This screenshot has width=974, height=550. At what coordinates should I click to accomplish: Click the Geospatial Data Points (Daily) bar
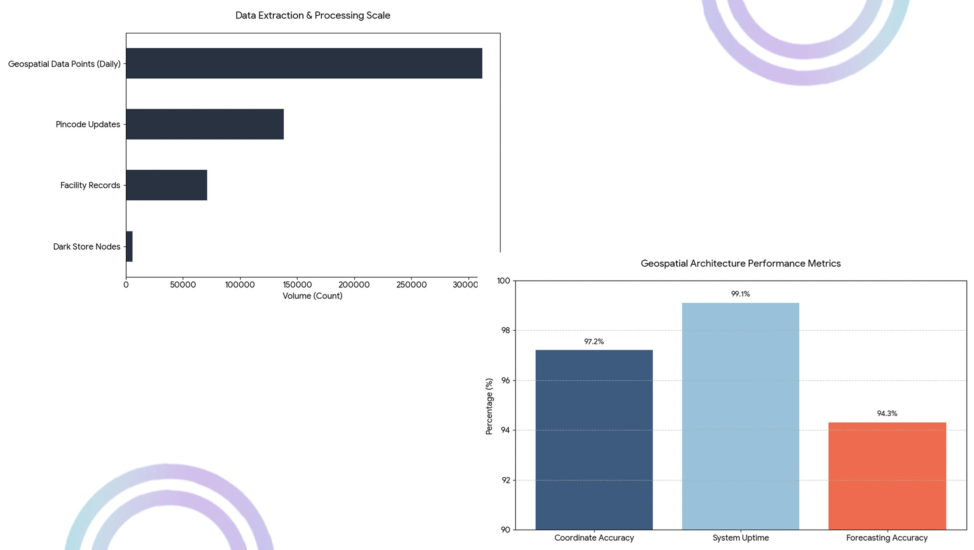pyautogui.click(x=304, y=63)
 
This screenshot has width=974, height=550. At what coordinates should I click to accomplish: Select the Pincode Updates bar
pyautogui.click(x=205, y=124)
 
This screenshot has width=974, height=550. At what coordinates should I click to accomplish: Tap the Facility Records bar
pyautogui.click(x=167, y=185)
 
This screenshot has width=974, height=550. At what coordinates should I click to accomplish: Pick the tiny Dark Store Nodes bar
pyautogui.click(x=129, y=246)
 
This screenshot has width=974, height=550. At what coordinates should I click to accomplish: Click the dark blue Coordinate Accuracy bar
pyautogui.click(x=594, y=440)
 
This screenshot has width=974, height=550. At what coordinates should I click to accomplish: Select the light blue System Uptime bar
pyautogui.click(x=741, y=416)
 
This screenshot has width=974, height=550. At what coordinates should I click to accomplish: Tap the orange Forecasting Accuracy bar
pyautogui.click(x=887, y=476)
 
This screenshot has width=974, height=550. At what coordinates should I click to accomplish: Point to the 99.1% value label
pyautogui.click(x=741, y=294)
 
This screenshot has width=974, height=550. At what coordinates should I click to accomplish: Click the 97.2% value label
pyautogui.click(x=594, y=342)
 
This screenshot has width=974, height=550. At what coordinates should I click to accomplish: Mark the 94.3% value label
pyautogui.click(x=887, y=413)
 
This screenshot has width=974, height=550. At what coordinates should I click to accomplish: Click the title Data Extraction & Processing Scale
pyautogui.click(x=313, y=15)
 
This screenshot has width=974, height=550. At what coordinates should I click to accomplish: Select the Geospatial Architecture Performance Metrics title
pyautogui.click(x=741, y=263)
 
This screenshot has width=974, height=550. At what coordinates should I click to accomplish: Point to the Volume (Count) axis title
pyautogui.click(x=313, y=296)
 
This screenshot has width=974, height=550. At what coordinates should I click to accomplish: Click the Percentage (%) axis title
pyautogui.click(x=489, y=406)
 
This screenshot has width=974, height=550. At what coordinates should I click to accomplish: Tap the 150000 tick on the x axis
pyautogui.click(x=297, y=285)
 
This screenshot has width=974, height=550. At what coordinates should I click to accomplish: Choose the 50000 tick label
pyautogui.click(x=183, y=285)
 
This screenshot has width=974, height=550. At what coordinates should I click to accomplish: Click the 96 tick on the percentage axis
pyautogui.click(x=506, y=381)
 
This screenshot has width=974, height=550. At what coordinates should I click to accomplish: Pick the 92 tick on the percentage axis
pyautogui.click(x=506, y=480)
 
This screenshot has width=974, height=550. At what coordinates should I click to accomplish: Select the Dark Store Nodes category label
pyautogui.click(x=87, y=247)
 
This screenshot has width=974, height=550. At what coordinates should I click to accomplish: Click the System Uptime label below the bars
pyautogui.click(x=741, y=538)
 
